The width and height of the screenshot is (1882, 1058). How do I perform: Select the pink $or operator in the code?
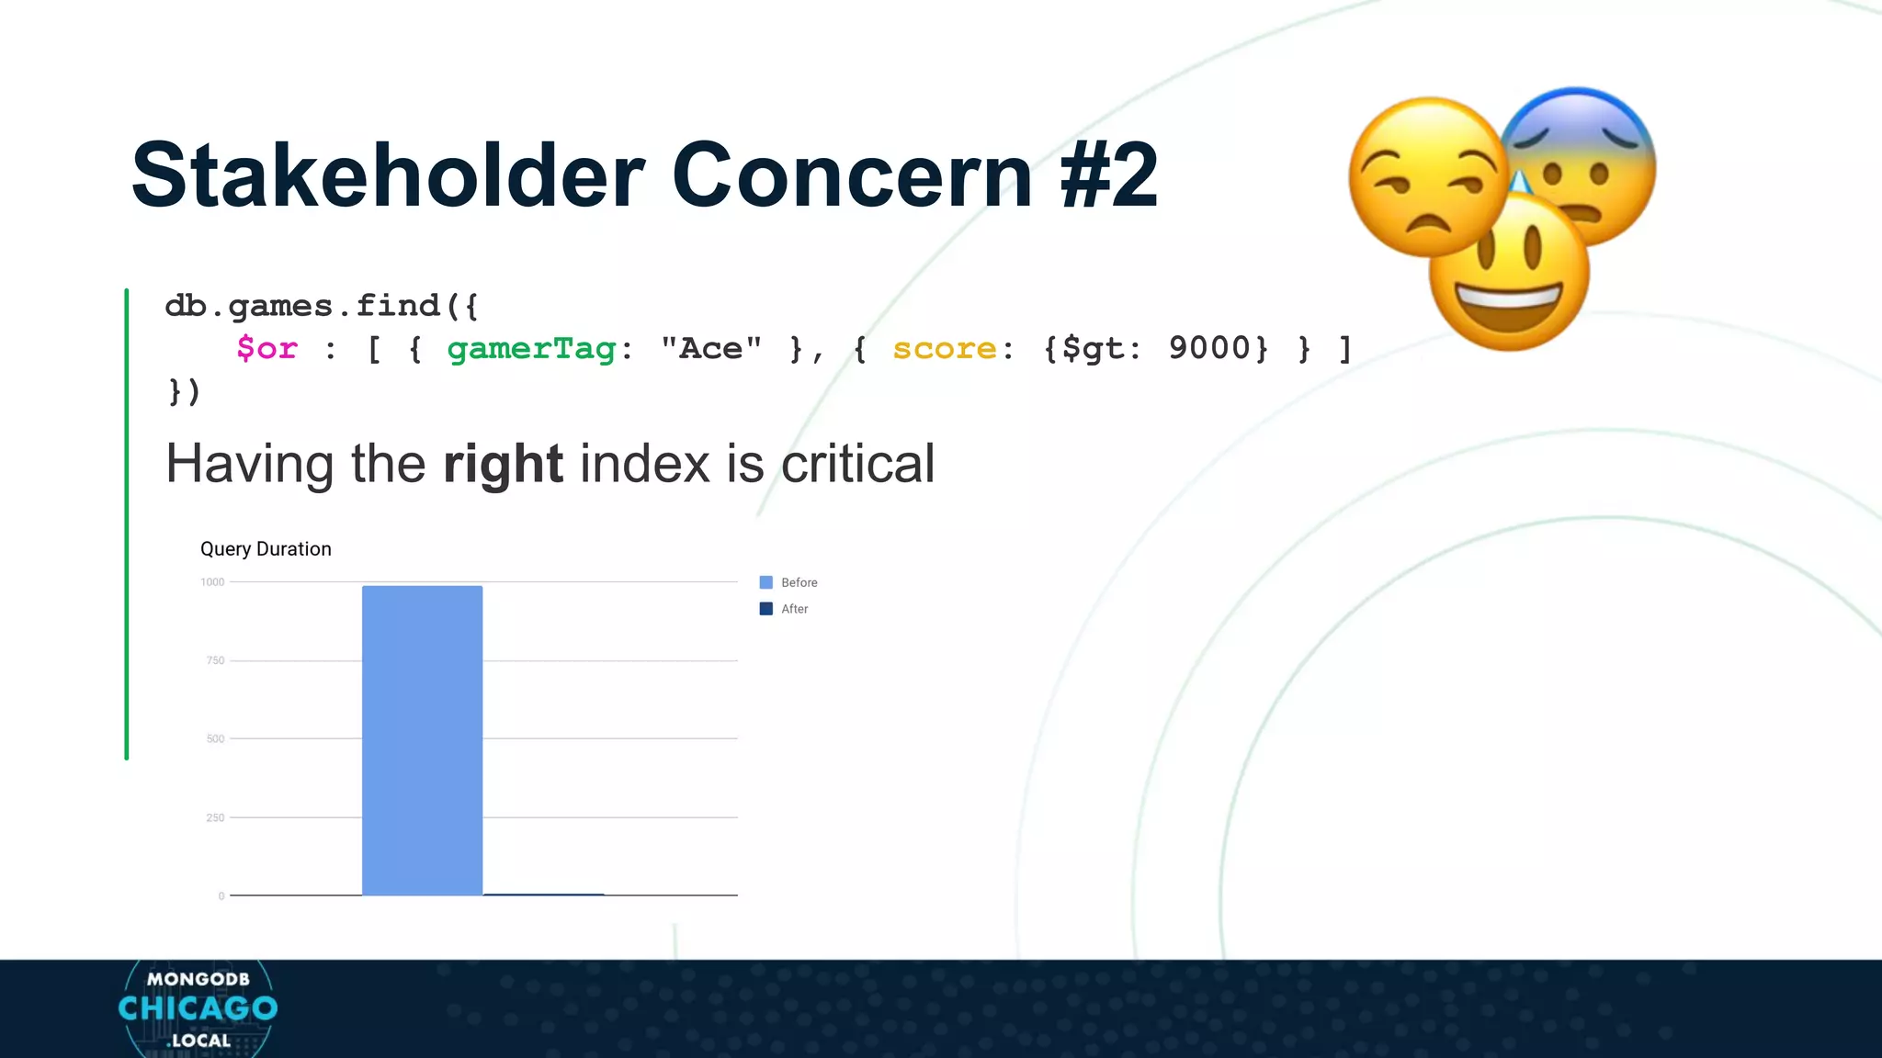point(266,349)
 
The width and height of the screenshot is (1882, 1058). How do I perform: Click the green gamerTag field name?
point(531,349)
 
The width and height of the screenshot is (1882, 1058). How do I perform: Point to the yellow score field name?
point(944,349)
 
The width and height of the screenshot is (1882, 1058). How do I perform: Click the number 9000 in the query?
point(1209,349)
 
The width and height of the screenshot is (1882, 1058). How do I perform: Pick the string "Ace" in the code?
point(710,349)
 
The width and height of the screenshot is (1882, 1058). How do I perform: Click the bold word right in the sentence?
point(503,464)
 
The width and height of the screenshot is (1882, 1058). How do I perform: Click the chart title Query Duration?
point(266,549)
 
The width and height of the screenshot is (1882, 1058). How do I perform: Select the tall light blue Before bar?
point(422,740)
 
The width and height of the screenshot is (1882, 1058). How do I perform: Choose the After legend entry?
point(794,609)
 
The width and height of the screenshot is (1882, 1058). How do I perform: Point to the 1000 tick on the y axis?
point(212,582)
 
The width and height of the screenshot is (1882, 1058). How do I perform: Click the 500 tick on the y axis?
point(215,739)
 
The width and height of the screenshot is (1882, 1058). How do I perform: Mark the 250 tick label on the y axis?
point(215,817)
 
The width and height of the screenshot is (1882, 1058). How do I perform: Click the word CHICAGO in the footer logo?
point(198,1008)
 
